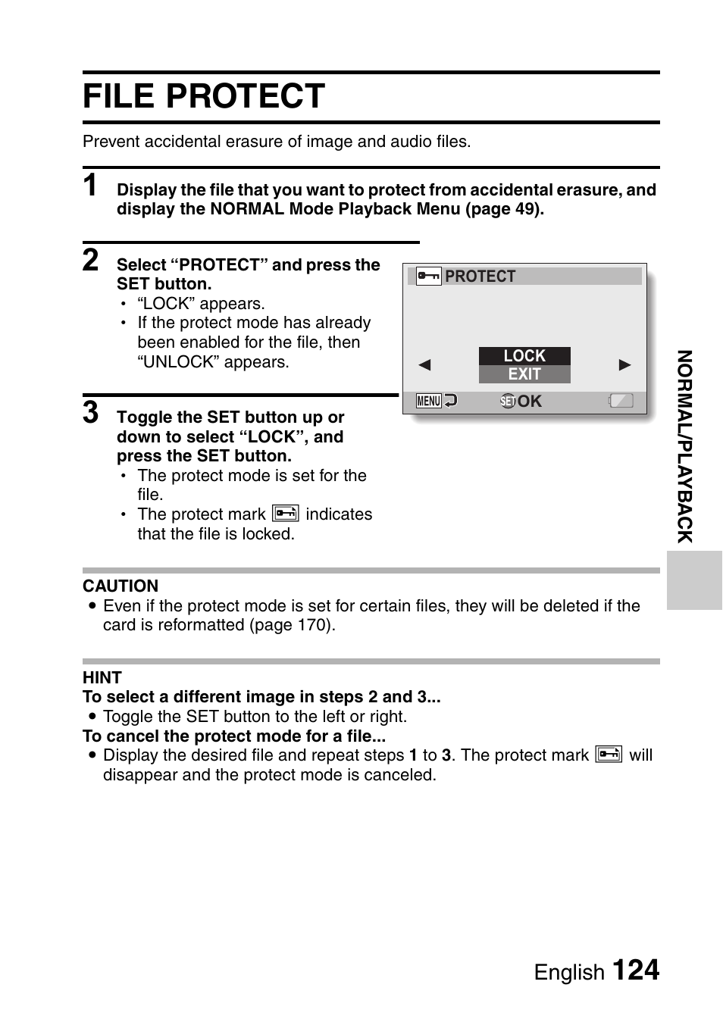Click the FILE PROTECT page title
click(x=204, y=97)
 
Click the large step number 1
click(x=91, y=186)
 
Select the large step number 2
click(x=91, y=260)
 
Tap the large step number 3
click(x=91, y=413)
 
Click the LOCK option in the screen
click(x=524, y=355)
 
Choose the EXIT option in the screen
click(x=524, y=374)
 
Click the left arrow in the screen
click(x=424, y=365)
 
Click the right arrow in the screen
click(x=625, y=365)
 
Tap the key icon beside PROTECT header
click(x=428, y=277)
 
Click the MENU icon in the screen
click(x=429, y=401)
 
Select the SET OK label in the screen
click(x=521, y=401)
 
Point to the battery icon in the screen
click(x=621, y=401)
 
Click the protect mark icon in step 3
click(x=286, y=514)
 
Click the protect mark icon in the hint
click(x=609, y=755)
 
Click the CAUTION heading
click(x=121, y=586)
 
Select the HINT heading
click(x=102, y=677)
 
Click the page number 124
click(x=635, y=971)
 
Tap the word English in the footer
click(x=569, y=972)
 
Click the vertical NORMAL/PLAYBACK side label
click(x=685, y=446)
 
